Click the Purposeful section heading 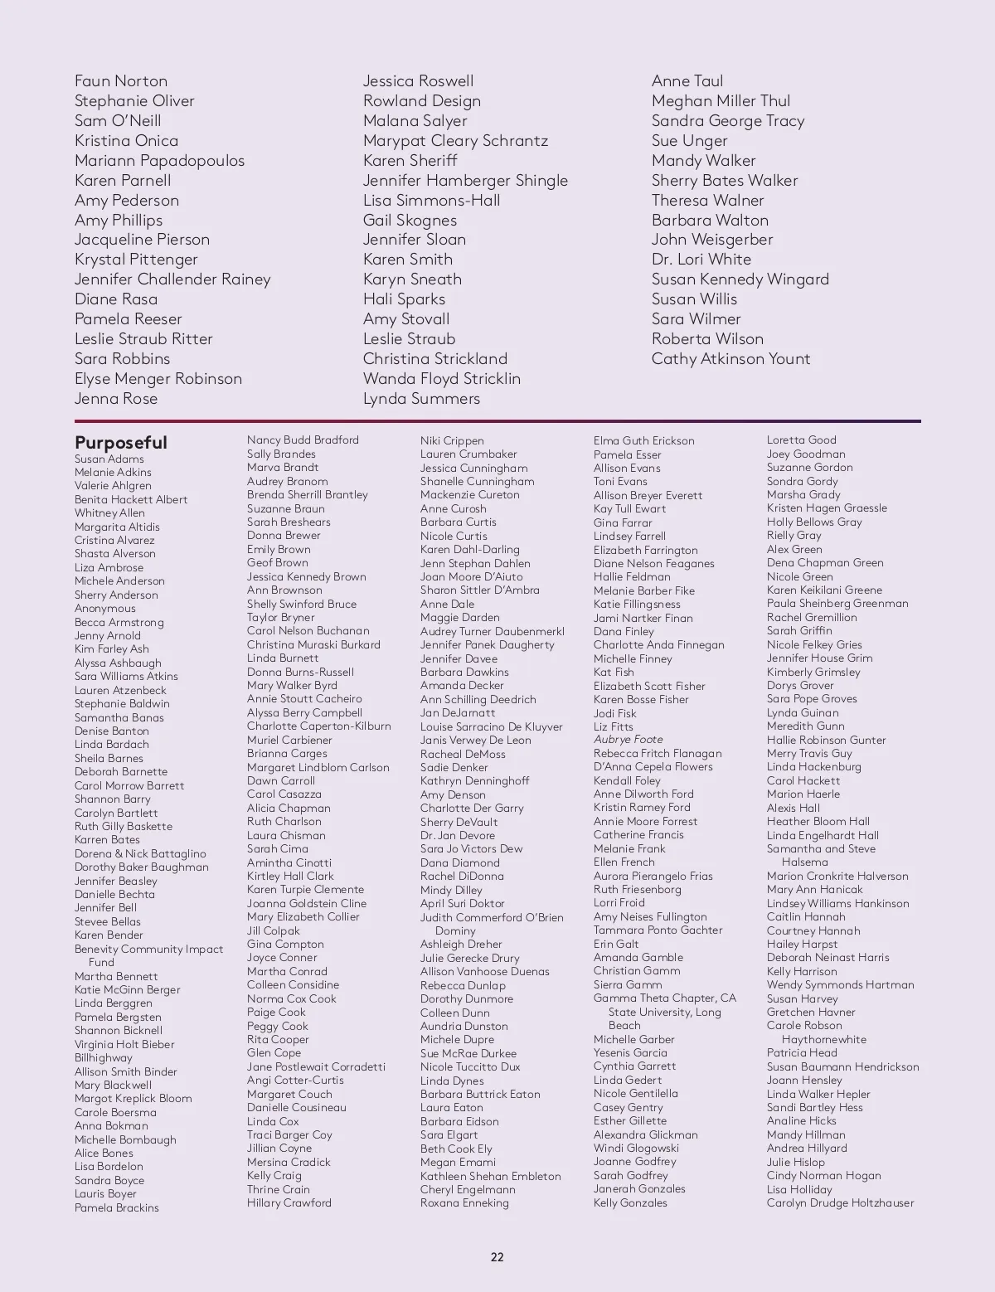(121, 442)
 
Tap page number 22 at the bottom (497, 1257)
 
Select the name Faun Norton (121, 81)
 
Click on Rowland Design (422, 101)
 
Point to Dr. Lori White (701, 260)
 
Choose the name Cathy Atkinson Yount (730, 359)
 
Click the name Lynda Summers (421, 399)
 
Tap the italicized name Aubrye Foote (628, 740)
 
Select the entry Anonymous (105, 609)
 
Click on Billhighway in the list (104, 1058)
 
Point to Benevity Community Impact (148, 950)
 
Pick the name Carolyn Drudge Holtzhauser (840, 1203)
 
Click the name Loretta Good (801, 440)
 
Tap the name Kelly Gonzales (630, 1203)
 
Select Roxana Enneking (464, 1203)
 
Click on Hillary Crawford (289, 1203)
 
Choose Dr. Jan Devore (458, 836)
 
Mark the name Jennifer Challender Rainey (172, 279)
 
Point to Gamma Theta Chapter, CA (665, 998)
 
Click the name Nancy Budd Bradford (303, 440)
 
